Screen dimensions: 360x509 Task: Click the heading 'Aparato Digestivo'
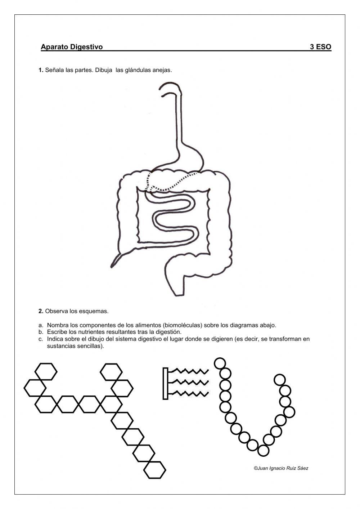point(72,47)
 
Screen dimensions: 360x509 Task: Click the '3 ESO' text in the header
point(320,47)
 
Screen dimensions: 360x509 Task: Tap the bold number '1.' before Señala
point(41,70)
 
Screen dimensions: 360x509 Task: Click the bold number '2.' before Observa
point(41,311)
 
